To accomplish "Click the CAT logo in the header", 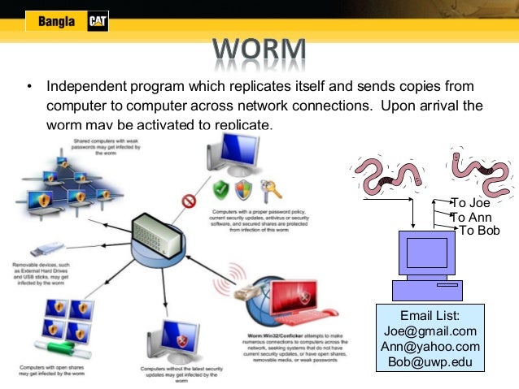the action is tap(97, 21).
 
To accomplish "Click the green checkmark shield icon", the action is tap(220, 190).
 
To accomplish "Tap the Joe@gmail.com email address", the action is tap(430, 331).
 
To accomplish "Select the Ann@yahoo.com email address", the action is tap(430, 346).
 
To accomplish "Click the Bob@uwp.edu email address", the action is tap(430, 361).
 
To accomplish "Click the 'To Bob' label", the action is tap(479, 231).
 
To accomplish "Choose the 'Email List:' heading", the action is tap(430, 315).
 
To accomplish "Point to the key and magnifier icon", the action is tap(269, 189).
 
